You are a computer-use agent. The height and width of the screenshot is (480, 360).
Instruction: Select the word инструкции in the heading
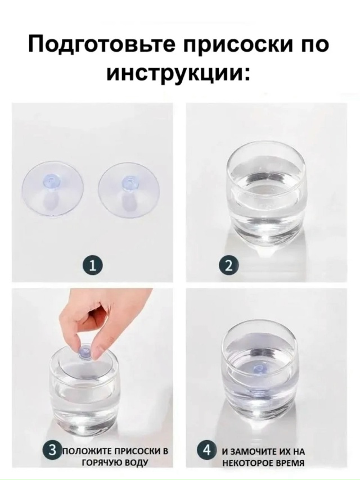click(x=173, y=74)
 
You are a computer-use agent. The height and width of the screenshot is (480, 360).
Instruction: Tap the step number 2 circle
click(x=228, y=265)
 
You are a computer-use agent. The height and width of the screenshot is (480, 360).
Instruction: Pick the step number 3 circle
click(x=52, y=450)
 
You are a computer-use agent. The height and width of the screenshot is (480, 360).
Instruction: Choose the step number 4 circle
click(x=207, y=450)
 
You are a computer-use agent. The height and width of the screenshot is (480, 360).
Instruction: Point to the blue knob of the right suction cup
click(x=128, y=183)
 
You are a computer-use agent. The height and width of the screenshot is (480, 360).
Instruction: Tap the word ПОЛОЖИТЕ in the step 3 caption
click(x=83, y=451)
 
